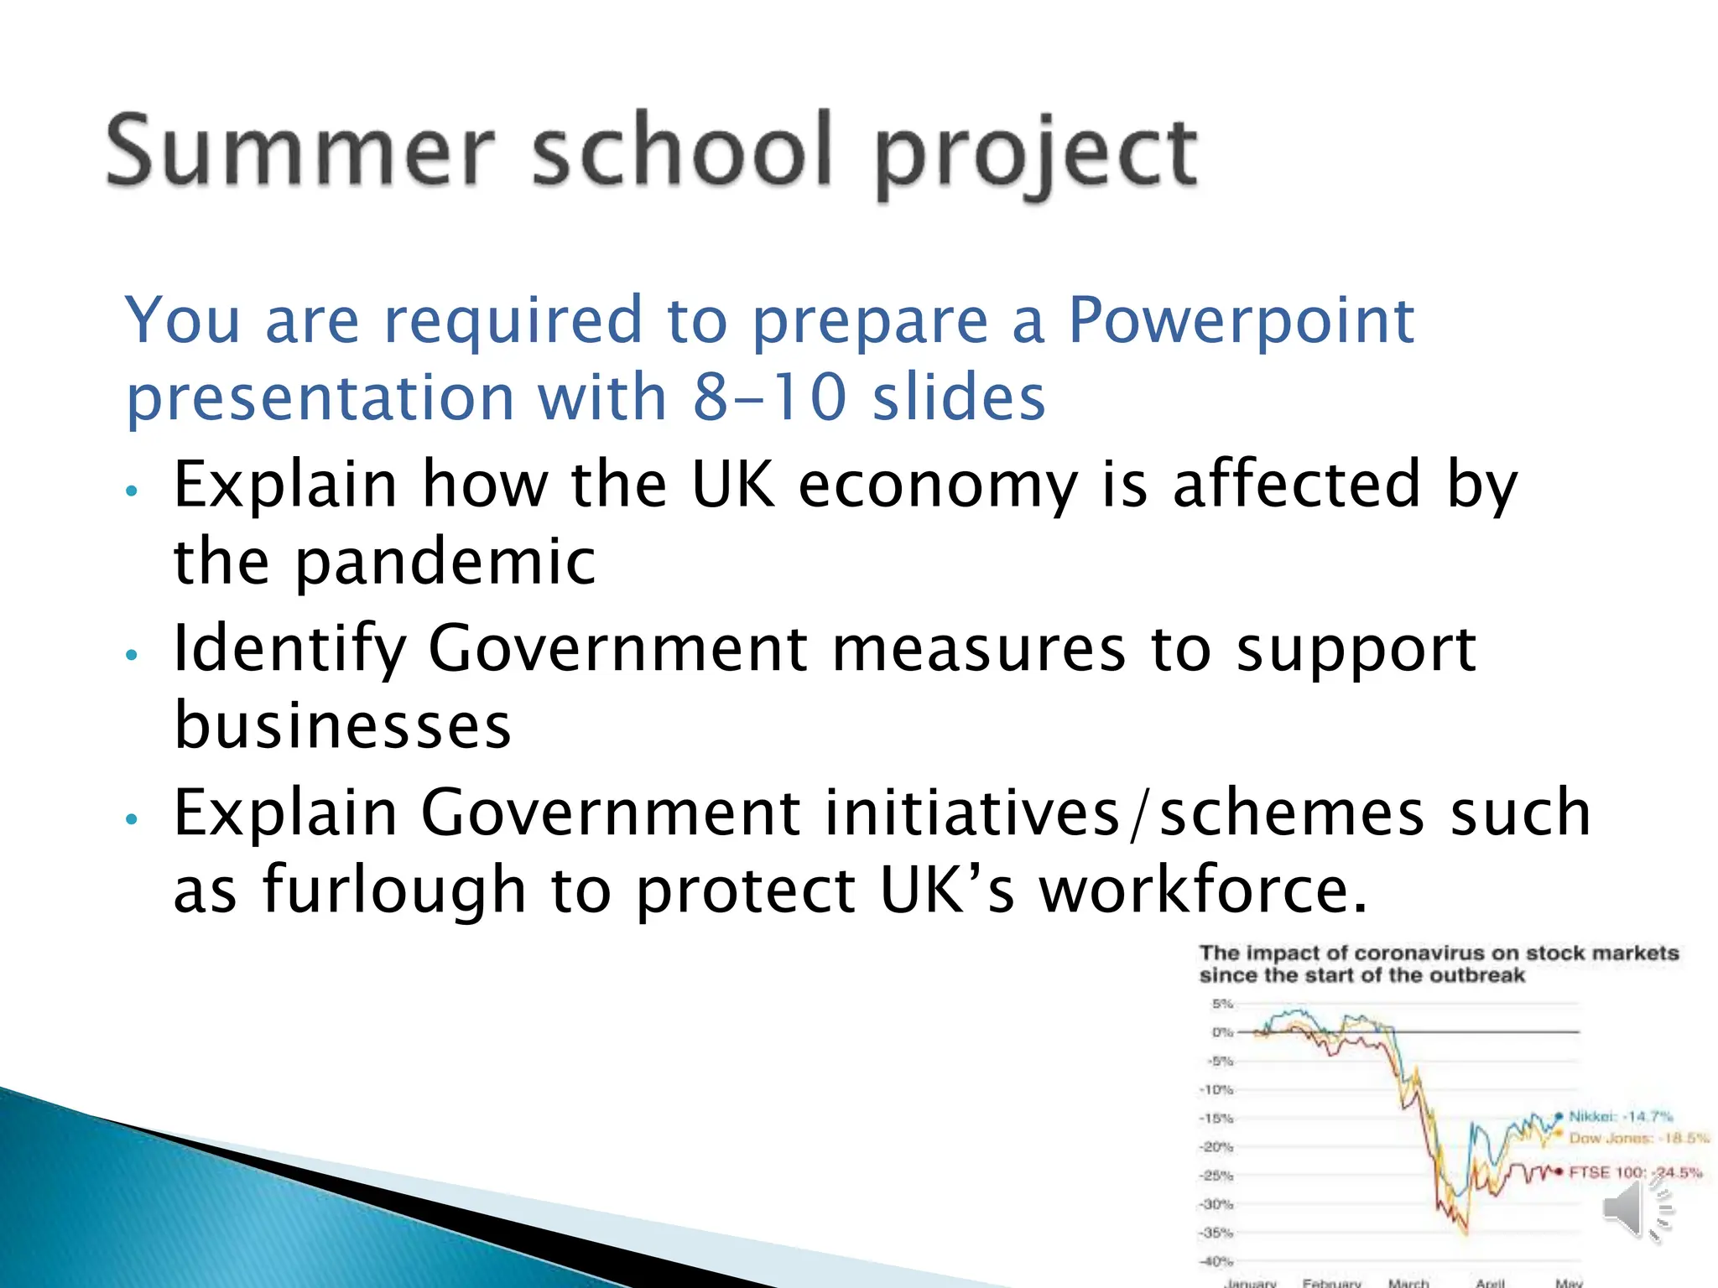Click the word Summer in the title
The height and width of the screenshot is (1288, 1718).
(x=299, y=152)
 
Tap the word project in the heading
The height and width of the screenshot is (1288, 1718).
(x=1036, y=155)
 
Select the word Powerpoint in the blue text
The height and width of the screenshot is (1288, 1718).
(x=1241, y=320)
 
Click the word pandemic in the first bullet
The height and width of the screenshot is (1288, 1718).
(x=445, y=562)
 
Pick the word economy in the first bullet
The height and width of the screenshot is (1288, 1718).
(x=937, y=485)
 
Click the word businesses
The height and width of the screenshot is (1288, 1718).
(x=342, y=726)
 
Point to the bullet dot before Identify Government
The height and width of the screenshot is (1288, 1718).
(x=131, y=655)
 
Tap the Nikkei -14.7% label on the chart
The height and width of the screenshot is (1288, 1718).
(x=1621, y=1116)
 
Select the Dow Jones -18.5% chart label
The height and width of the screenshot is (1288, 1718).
(x=1637, y=1138)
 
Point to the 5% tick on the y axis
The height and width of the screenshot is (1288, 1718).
(x=1222, y=1004)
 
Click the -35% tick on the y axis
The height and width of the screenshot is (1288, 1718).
(x=1216, y=1233)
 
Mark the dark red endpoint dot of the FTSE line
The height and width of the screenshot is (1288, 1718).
(x=1559, y=1171)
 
